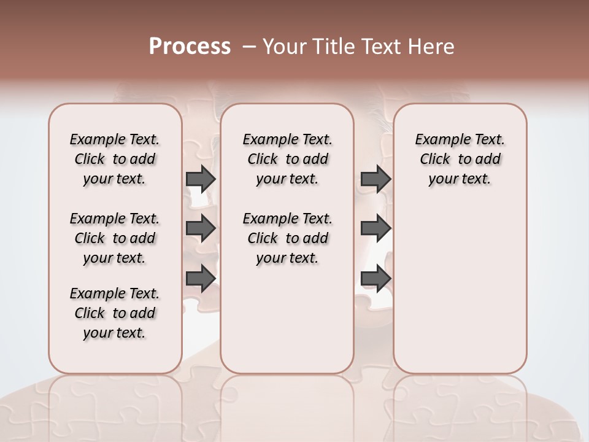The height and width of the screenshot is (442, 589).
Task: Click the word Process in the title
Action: tap(190, 46)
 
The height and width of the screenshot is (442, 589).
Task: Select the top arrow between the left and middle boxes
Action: tap(201, 179)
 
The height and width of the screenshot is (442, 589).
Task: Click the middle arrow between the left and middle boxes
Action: tap(201, 228)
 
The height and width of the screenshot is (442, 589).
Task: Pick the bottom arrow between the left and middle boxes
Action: tap(201, 279)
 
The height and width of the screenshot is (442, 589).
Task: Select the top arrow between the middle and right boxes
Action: tap(376, 179)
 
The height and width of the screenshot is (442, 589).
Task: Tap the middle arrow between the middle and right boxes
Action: tap(376, 228)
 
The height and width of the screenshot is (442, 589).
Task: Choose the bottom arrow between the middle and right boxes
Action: tap(376, 279)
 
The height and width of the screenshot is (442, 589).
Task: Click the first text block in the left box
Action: tap(115, 159)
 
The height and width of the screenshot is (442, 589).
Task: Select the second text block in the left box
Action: tap(115, 238)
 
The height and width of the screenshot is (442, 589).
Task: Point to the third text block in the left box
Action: tap(115, 313)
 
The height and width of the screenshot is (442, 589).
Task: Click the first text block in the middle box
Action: tap(287, 159)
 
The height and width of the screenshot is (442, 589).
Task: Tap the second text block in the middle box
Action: tap(287, 238)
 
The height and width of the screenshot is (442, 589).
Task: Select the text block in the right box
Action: tap(460, 159)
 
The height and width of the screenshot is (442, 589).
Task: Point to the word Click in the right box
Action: tap(435, 160)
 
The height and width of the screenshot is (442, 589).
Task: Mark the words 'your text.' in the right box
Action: tap(460, 179)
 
